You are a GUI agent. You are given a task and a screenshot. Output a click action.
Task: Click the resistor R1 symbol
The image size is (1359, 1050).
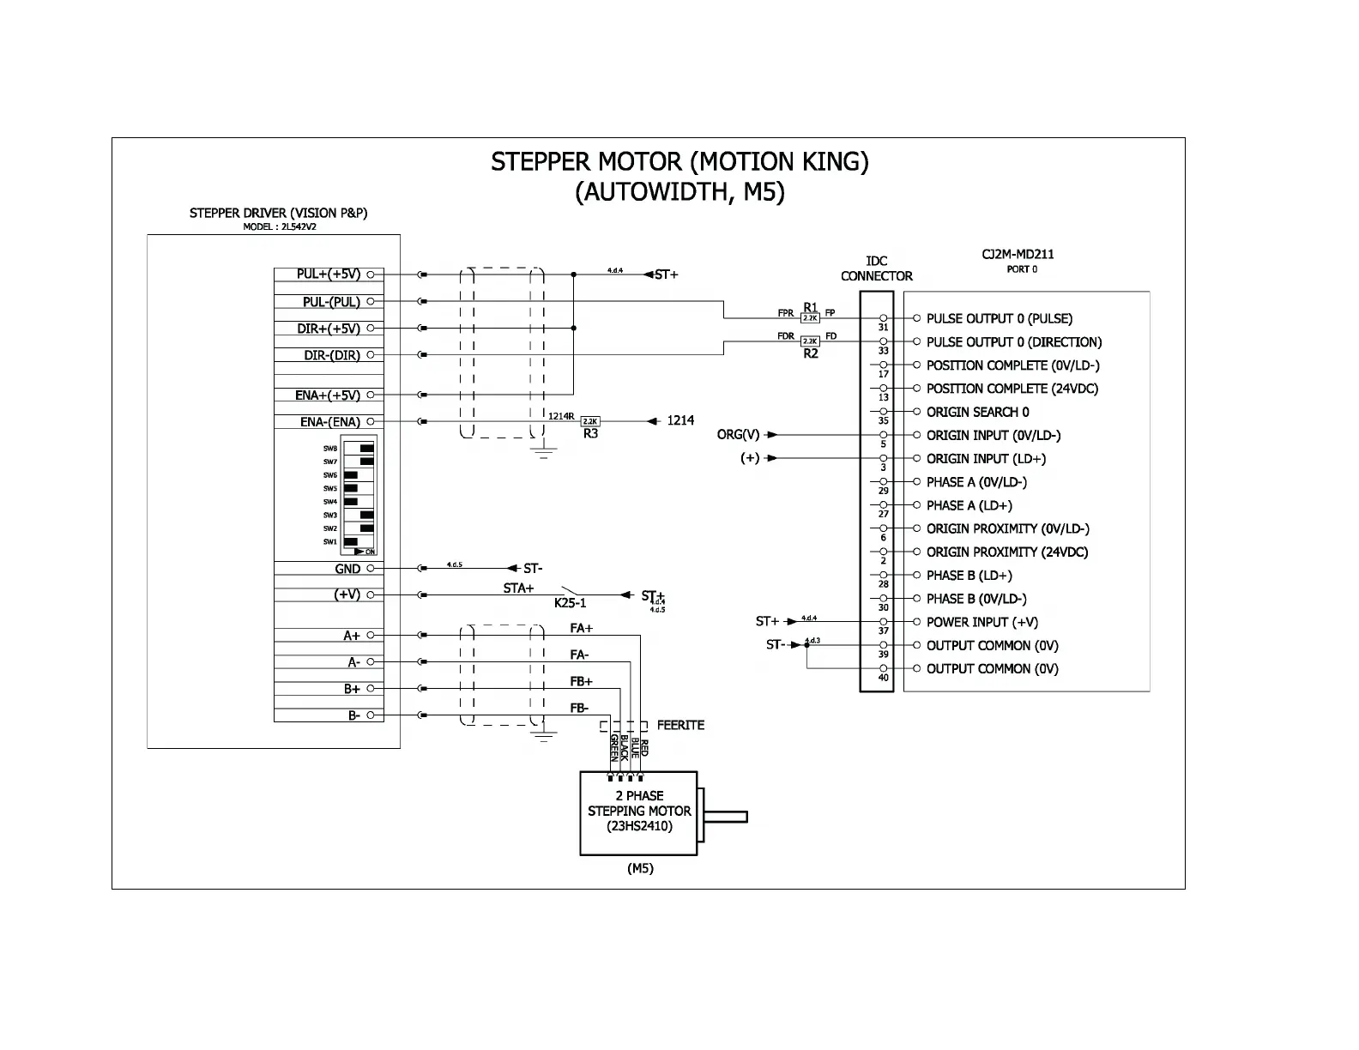point(810,318)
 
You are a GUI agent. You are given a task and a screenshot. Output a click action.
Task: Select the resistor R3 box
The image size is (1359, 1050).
point(590,421)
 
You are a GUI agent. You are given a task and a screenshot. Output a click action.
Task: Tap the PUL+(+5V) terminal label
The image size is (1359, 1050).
point(329,275)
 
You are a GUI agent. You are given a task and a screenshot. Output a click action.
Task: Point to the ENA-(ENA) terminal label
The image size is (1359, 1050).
point(330,422)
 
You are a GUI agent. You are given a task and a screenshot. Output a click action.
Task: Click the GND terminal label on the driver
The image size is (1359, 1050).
point(347,569)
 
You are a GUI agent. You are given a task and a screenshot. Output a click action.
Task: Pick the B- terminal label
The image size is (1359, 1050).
point(353,715)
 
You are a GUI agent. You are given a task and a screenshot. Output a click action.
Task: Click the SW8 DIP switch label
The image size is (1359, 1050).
point(330,449)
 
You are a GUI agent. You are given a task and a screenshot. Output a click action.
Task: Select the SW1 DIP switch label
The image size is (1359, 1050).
point(330,542)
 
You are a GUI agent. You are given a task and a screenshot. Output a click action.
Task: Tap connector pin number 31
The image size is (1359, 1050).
point(884,328)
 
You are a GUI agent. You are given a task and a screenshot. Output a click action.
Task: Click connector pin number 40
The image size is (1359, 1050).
point(884,678)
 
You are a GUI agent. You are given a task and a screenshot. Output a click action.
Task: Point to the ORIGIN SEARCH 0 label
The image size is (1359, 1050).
point(977,412)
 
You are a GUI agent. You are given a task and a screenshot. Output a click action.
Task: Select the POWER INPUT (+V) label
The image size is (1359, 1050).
point(981,622)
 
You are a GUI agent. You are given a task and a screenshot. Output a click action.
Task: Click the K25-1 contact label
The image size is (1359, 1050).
point(570,603)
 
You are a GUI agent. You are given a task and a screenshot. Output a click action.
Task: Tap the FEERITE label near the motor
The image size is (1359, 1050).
point(680,725)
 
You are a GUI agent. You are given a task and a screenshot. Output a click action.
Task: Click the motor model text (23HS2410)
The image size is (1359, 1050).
point(639,826)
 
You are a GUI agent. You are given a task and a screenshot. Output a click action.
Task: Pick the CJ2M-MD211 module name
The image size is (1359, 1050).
point(1018,254)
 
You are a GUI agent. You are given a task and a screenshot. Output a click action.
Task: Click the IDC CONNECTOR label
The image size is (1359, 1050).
point(876,269)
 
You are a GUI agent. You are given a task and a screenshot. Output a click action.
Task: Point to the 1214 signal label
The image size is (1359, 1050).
point(681,420)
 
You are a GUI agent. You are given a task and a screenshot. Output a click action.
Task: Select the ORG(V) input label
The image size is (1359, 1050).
point(738,435)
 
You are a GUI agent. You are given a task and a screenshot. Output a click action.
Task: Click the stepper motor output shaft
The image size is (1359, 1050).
point(725,816)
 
